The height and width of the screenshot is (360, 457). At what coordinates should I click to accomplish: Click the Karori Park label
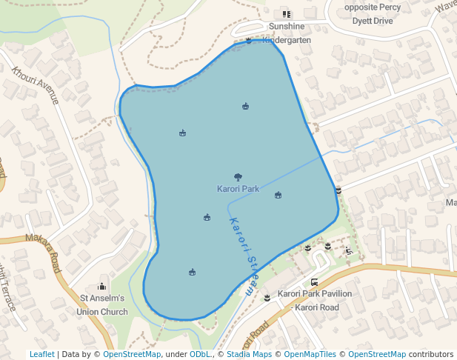238,189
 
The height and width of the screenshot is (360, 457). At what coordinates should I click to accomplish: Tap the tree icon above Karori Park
238,177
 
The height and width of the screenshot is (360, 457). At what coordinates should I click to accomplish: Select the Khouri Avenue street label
35,84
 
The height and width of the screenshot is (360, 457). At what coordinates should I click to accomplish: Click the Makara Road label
42,253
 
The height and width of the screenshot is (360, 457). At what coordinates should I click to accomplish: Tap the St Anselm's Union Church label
102,304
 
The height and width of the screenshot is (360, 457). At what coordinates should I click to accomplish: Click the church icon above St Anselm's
102,287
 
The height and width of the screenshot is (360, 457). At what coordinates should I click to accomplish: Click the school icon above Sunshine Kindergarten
287,14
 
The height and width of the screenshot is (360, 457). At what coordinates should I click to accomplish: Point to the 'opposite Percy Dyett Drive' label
373,14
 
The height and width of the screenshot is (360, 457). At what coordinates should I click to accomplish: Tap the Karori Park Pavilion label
315,300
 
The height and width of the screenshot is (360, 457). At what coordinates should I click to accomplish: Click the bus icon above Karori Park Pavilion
315,282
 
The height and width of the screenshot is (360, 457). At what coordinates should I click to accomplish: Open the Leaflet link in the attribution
41,354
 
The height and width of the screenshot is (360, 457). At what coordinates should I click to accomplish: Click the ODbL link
199,354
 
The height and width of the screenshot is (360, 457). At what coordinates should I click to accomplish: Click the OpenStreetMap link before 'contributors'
377,354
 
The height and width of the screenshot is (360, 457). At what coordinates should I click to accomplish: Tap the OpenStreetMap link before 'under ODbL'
132,354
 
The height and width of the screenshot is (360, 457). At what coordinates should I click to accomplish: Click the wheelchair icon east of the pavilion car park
349,250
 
